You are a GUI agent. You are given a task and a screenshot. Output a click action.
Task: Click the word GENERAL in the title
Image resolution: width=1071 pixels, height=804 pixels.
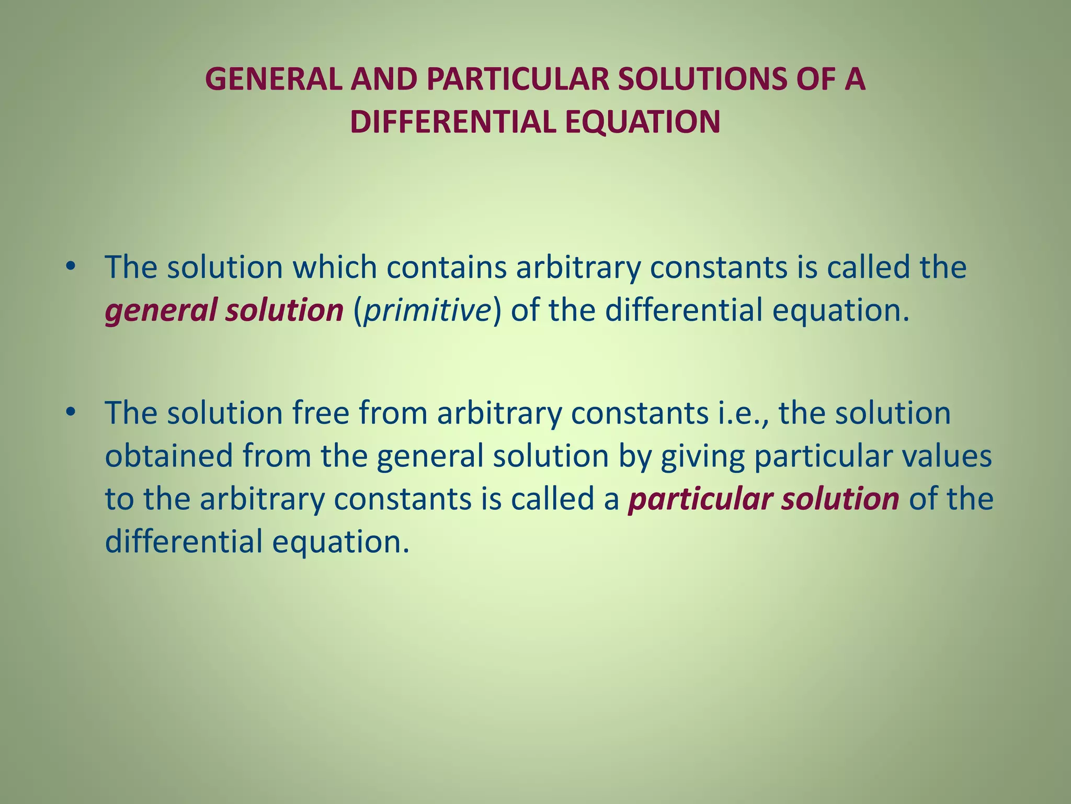click(274, 80)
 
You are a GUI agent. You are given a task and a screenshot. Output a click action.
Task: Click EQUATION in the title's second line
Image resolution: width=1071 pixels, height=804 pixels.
click(642, 122)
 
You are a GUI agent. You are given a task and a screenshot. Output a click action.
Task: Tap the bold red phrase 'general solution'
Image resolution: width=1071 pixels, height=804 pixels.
click(224, 310)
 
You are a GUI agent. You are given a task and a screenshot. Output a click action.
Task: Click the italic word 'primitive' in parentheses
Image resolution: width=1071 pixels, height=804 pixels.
click(427, 310)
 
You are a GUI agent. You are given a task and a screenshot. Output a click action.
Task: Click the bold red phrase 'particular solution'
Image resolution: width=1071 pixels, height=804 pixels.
click(764, 499)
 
